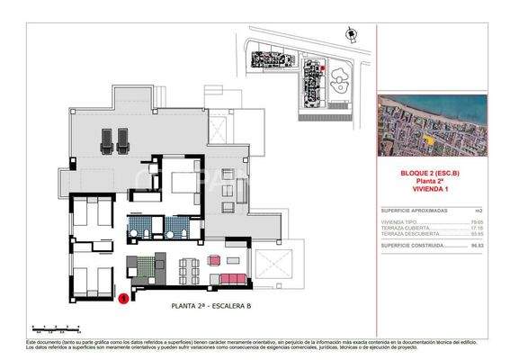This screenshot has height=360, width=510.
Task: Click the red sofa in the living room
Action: point(235,275)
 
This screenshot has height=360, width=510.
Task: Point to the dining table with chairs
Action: point(190,267)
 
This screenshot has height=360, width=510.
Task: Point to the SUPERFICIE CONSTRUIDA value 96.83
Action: point(478,244)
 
